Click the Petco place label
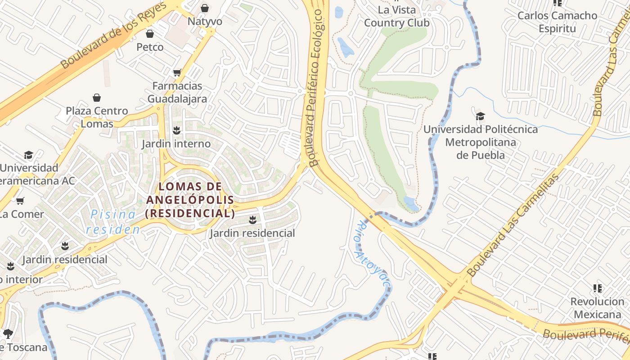coord(150,47)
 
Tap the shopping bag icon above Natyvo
coord(205,8)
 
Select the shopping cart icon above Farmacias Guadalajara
coord(177,72)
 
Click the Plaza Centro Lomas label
coord(97,117)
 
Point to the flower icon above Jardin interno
coord(176,130)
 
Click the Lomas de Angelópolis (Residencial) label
coord(190,200)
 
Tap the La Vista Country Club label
coord(396,16)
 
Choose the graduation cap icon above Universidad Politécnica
coord(480,116)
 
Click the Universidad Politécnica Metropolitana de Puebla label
coord(480,142)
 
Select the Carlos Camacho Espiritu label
coord(557,22)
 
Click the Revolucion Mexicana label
coord(597,308)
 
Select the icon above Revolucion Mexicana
coord(598,288)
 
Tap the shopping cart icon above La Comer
coord(20,201)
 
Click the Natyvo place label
coord(205,21)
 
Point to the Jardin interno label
coord(176,144)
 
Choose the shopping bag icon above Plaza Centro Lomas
coord(97,98)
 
